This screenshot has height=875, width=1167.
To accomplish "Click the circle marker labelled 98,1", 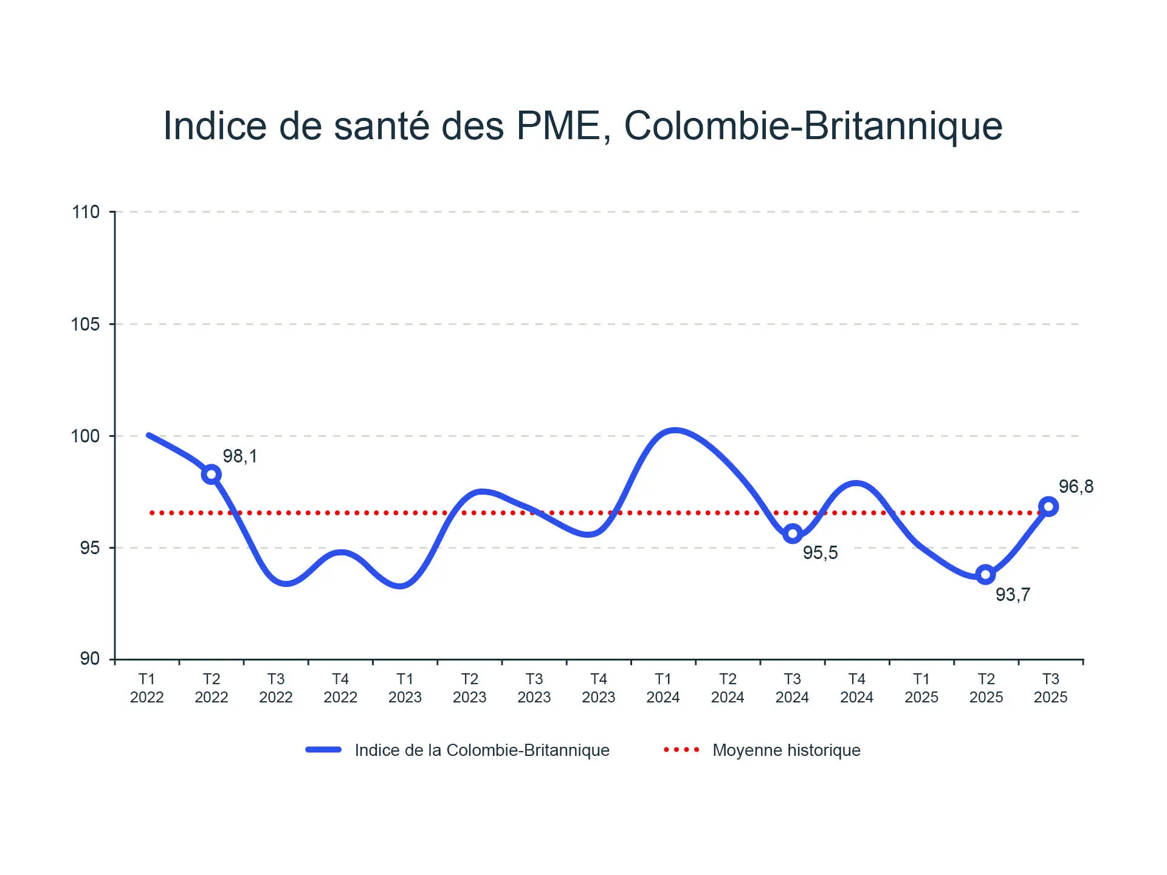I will (211, 475).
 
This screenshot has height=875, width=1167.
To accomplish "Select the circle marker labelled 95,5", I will (792, 534).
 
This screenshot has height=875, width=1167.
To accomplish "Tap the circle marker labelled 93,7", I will (985, 574).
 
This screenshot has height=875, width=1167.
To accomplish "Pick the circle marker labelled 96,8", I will (1048, 506).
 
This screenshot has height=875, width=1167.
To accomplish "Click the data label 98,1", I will (240, 456).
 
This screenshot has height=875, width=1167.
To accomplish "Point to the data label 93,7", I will (1013, 595).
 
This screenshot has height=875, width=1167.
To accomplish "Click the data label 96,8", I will (1076, 487).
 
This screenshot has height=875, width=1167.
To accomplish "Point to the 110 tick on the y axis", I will (86, 212).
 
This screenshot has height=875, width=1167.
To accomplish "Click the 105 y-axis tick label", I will (86, 324).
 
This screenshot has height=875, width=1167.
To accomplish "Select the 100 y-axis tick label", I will (86, 436).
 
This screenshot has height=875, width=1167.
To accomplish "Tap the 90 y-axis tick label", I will (90, 659).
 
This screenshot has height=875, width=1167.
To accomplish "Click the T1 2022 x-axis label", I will (147, 688).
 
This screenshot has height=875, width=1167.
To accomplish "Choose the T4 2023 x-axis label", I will (599, 688).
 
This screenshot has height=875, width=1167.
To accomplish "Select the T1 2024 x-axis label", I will (663, 688).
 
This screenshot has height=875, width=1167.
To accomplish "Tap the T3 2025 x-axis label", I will (1050, 688).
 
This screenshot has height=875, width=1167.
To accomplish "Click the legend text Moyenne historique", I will (787, 750).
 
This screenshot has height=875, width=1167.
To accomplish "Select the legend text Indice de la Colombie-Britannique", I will (482, 750).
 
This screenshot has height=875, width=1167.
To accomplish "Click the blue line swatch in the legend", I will (323, 750).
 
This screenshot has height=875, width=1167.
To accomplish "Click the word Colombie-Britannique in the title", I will (813, 126).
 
